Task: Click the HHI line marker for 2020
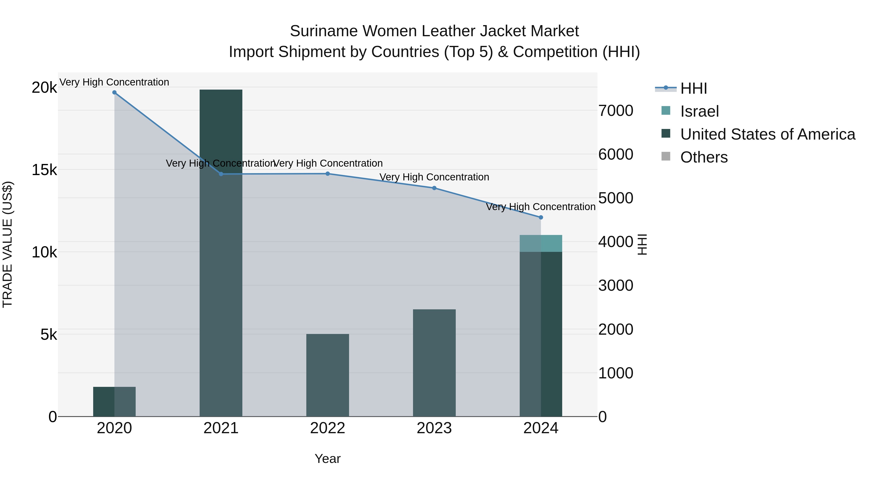(114, 92)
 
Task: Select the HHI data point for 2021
(221, 174)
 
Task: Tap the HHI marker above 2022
(328, 174)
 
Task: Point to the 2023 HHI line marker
(434, 188)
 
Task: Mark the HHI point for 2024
(541, 217)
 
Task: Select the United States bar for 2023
(434, 363)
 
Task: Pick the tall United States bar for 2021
(221, 253)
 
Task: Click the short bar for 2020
(114, 402)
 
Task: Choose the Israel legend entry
(699, 111)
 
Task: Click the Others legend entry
(704, 157)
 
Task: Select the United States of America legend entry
(767, 134)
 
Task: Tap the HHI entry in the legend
(693, 88)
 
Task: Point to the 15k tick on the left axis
(44, 170)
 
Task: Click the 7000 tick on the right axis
(616, 111)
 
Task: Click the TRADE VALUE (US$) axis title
(7, 245)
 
